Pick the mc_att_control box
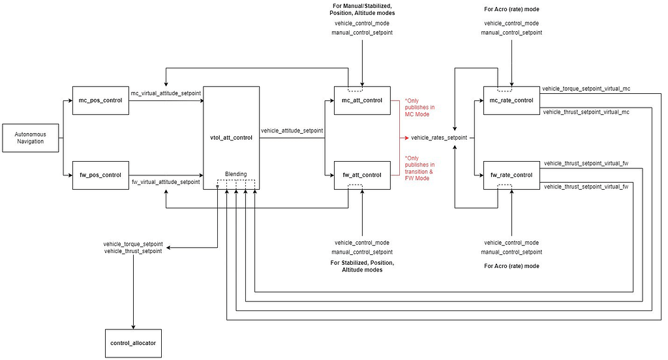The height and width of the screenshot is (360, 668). pos(362,100)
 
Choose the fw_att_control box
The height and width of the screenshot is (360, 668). pos(362,175)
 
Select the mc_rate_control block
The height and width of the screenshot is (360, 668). pos(511,100)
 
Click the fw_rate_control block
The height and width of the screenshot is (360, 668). pos(511,175)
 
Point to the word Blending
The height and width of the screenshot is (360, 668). pos(236,174)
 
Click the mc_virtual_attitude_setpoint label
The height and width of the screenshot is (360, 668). pos(166,94)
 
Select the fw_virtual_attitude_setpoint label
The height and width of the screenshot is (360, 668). pos(166,182)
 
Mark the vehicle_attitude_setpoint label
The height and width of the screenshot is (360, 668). pos(292,130)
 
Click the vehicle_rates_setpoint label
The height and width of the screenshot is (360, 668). pos(438,138)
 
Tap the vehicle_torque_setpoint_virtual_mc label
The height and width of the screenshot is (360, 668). pos(586,89)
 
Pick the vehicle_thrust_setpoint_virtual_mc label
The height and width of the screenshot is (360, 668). pos(586,112)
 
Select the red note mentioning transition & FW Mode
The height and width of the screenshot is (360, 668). pos(419,168)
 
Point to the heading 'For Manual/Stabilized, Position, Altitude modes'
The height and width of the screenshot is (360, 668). pos(363,10)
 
